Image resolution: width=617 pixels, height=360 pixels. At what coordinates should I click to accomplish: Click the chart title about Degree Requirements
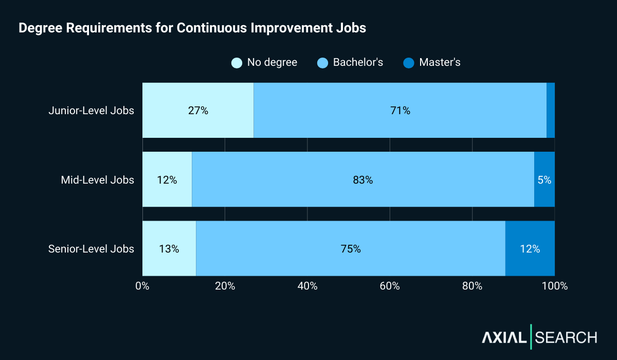click(192, 28)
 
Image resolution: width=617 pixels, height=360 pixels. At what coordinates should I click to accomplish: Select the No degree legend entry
click(265, 63)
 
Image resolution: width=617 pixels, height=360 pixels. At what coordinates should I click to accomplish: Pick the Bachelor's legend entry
click(351, 63)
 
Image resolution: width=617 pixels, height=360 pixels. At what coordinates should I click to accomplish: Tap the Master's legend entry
click(432, 63)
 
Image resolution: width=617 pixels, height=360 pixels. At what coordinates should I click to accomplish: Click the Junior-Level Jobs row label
click(91, 111)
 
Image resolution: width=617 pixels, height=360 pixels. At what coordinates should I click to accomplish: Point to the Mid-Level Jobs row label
click(97, 180)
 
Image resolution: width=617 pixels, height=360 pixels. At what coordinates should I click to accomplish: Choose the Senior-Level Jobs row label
click(91, 249)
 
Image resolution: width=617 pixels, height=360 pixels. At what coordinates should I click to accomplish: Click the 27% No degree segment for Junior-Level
click(198, 111)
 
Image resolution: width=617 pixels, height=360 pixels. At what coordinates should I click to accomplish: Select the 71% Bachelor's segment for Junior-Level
click(400, 111)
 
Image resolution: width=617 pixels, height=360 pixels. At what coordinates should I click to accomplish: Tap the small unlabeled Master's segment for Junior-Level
click(551, 111)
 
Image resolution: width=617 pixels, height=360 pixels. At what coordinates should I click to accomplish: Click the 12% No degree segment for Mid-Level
click(167, 180)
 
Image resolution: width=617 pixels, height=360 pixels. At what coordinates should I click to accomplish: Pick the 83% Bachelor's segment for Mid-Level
click(363, 180)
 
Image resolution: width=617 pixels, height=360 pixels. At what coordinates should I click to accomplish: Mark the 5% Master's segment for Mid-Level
click(545, 180)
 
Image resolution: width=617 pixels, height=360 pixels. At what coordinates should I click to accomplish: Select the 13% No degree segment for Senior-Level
click(169, 249)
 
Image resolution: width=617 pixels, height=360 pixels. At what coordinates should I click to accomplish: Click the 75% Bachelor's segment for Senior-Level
click(351, 249)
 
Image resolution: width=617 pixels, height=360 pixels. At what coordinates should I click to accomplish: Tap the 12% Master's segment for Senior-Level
click(530, 249)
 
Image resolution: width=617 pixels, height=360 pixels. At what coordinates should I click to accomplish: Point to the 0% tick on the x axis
click(142, 286)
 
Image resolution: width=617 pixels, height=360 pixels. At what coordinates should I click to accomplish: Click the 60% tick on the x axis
click(390, 286)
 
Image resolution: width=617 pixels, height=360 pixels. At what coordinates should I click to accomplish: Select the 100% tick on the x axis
click(555, 286)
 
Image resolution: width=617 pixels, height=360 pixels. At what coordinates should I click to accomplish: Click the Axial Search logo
click(539, 337)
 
